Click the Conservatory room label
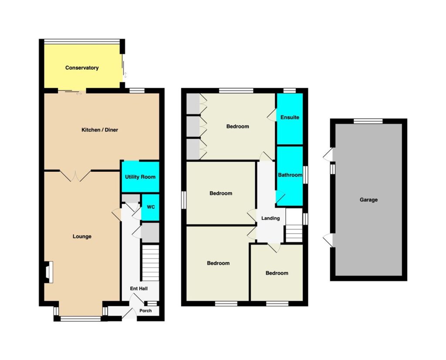click(x=82, y=68)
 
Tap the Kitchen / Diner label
click(x=100, y=130)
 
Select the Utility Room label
click(x=140, y=177)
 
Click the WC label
click(x=151, y=207)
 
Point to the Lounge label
click(x=82, y=237)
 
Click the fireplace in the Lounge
click(x=48, y=272)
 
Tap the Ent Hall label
click(x=139, y=289)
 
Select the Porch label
click(x=145, y=311)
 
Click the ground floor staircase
click(x=150, y=263)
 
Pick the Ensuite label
click(x=290, y=117)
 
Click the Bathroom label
click(x=290, y=175)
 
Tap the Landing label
click(x=270, y=218)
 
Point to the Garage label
click(x=368, y=200)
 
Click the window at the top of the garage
click(x=368, y=121)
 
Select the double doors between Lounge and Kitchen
click(x=75, y=176)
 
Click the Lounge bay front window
click(x=81, y=319)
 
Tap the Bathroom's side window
click(x=305, y=175)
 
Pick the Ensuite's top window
click(x=290, y=91)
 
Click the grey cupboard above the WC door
click(x=131, y=198)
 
